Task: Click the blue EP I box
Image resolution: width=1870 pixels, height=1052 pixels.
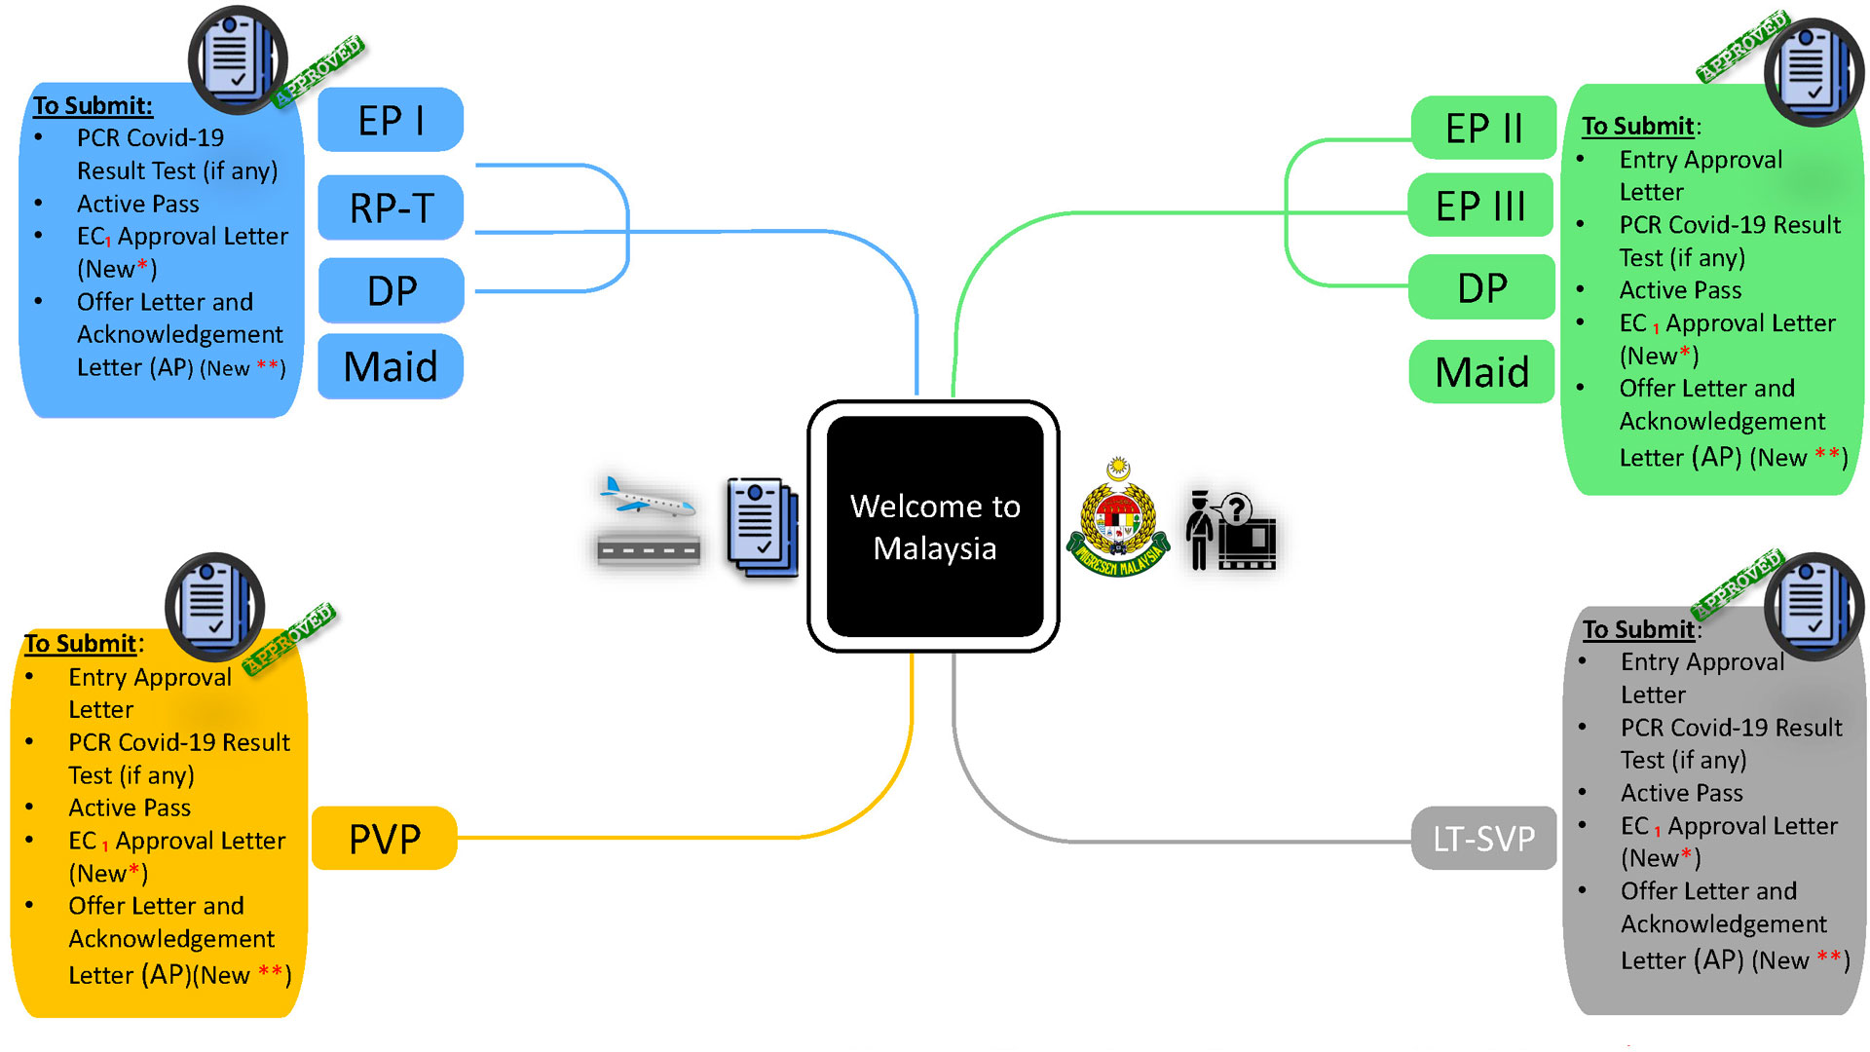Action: point(391,120)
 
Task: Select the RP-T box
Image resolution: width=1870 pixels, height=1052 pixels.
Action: point(391,207)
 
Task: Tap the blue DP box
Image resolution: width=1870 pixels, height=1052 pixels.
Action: point(391,290)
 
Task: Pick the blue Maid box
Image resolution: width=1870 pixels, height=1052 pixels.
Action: point(391,367)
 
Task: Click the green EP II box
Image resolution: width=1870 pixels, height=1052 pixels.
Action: point(1483,128)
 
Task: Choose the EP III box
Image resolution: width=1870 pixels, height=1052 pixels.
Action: point(1480,206)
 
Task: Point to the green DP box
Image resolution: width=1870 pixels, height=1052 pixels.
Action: point(1481,287)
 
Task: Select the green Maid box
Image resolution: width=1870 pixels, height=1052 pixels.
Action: point(1481,371)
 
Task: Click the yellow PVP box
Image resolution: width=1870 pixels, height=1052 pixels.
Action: point(385,839)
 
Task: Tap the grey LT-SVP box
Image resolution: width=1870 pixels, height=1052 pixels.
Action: point(1483,838)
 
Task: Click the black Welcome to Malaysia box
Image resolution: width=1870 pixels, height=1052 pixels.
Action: point(934,527)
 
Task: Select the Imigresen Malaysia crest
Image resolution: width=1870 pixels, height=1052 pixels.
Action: point(1118,521)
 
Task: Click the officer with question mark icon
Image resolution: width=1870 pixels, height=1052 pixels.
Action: point(1230,531)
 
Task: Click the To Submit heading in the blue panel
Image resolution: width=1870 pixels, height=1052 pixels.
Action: point(93,105)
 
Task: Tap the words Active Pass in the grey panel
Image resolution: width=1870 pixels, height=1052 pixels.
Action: point(1681,793)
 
